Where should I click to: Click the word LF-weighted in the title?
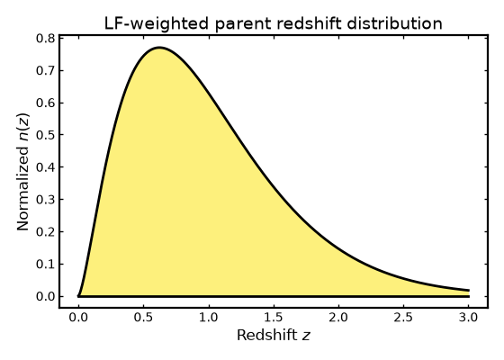pos(157,24)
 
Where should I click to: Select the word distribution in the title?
pos(394,23)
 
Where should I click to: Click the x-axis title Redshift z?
pos(274,335)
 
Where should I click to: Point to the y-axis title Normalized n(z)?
pos(23,172)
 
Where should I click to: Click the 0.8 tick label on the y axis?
pos(45,39)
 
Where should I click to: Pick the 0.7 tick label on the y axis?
pos(45,71)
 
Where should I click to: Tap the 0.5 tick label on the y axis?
pos(45,135)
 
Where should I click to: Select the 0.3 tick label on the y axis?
pos(45,200)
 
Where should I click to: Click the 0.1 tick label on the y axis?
pos(45,265)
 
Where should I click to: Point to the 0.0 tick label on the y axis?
pos(45,296)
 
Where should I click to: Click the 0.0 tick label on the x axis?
pos(78,318)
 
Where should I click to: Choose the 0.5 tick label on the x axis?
pos(144,318)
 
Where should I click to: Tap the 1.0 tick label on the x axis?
pos(209,318)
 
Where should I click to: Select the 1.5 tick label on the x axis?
pos(274,318)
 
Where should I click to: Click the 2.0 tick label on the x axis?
pos(338,318)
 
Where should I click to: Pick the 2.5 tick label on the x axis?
pos(403,318)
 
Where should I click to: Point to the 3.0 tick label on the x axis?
pos(468,318)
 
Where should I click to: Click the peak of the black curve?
pos(159,48)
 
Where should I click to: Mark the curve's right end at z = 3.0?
pos(469,291)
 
